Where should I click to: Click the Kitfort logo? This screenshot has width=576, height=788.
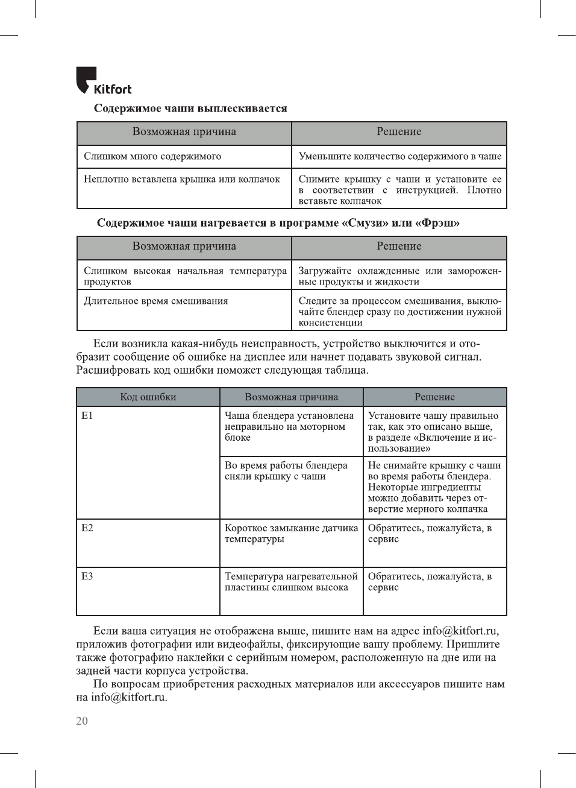pyautogui.click(x=103, y=81)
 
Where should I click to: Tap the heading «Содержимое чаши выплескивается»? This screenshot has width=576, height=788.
pyautogui.click(x=190, y=109)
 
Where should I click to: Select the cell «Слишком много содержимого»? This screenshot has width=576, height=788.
pyautogui.click(x=152, y=156)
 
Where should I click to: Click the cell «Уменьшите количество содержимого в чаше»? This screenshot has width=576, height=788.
pyautogui.click(x=399, y=156)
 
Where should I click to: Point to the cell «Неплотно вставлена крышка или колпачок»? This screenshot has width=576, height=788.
pyautogui.click(x=182, y=179)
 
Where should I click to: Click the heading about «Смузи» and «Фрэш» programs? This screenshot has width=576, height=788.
pyautogui.click(x=278, y=223)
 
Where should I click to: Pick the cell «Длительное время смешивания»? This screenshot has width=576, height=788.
pyautogui.click(x=156, y=301)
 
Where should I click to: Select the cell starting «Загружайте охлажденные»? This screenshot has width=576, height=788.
pyautogui.click(x=399, y=276)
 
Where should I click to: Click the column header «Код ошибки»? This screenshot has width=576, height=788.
pyautogui.click(x=148, y=397)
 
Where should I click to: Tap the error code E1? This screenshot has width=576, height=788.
pyautogui.click(x=87, y=415)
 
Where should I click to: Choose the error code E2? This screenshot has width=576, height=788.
pyautogui.click(x=87, y=528)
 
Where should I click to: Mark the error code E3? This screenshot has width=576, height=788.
pyautogui.click(x=87, y=576)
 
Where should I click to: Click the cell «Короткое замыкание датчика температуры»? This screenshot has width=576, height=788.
pyautogui.click(x=291, y=534)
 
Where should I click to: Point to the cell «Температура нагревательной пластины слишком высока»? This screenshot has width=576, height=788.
pyautogui.click(x=291, y=582)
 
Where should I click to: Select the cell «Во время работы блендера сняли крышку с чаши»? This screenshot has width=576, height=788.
pyautogui.click(x=286, y=471)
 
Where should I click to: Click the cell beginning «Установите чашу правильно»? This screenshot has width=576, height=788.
pyautogui.click(x=433, y=432)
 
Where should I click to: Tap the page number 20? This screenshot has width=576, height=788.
pyautogui.click(x=82, y=721)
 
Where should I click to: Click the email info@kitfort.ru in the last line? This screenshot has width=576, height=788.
pyautogui.click(x=128, y=698)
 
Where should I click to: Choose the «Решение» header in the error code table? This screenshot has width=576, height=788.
pyautogui.click(x=434, y=397)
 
